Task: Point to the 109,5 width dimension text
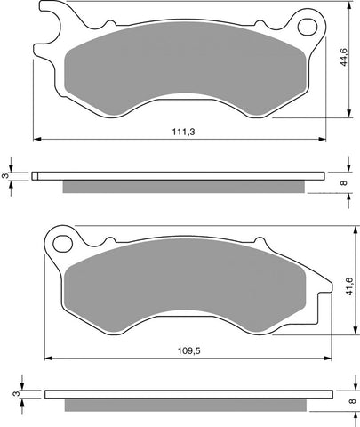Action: click(186, 350)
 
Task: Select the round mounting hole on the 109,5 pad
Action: click(61, 241)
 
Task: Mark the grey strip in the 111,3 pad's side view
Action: click(187, 187)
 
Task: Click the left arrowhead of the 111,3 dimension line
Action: click(36, 139)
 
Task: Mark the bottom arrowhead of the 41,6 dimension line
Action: click(346, 330)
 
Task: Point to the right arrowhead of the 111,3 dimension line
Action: click(323, 139)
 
